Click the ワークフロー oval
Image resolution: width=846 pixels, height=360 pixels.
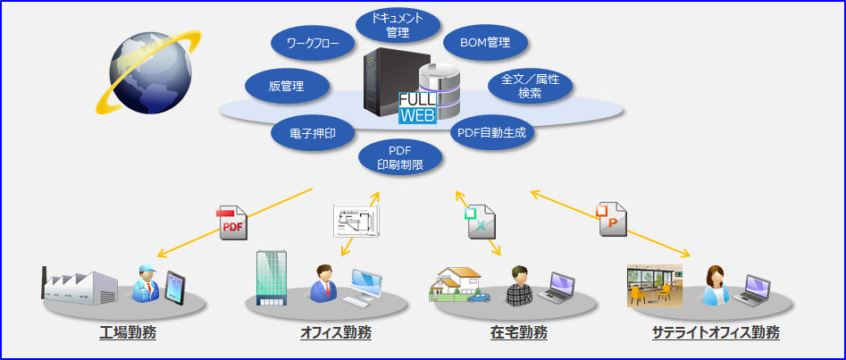(313, 43)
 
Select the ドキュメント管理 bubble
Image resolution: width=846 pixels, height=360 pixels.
(398, 25)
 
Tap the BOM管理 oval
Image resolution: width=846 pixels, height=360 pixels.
(485, 42)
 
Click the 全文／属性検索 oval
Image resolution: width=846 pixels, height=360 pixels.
(530, 86)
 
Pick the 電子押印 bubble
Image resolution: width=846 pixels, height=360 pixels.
(312, 134)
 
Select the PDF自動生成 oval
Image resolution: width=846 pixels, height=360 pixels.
(490, 133)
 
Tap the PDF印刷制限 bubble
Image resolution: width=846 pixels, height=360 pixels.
(399, 156)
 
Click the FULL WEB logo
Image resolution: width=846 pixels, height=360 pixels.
(417, 107)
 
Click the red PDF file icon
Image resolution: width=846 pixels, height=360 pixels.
(231, 223)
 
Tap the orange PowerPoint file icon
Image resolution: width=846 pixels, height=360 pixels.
(612, 217)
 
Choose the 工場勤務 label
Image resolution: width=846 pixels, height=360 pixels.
(128, 333)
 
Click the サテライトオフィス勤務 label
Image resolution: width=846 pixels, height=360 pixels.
(716, 333)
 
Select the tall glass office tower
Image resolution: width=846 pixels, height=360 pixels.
(270, 276)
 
